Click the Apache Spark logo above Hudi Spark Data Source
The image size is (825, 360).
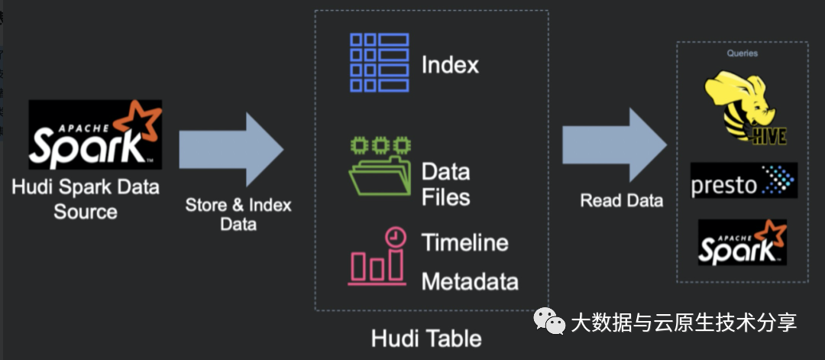tap(95, 135)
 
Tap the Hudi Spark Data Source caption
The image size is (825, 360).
tap(86, 199)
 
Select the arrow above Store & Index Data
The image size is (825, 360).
tap(231, 149)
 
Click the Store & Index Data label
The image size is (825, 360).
tap(238, 215)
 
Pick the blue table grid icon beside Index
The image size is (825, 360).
tap(379, 63)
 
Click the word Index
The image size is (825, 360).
tap(450, 65)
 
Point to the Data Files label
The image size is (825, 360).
tap(446, 184)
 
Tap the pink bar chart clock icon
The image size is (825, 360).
tap(377, 258)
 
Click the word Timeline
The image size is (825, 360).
tap(464, 243)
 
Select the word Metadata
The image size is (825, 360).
tap(470, 281)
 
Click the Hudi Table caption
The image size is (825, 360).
tap(426, 338)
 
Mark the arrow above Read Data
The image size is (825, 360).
tap(615, 149)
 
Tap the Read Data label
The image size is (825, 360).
tap(621, 201)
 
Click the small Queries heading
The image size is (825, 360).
tap(742, 54)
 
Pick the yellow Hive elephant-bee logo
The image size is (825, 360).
tap(743, 108)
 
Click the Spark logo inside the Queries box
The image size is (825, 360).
tap(742, 242)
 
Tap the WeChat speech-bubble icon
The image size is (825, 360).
tap(550, 322)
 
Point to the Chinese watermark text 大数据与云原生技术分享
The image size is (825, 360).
tap(684, 323)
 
